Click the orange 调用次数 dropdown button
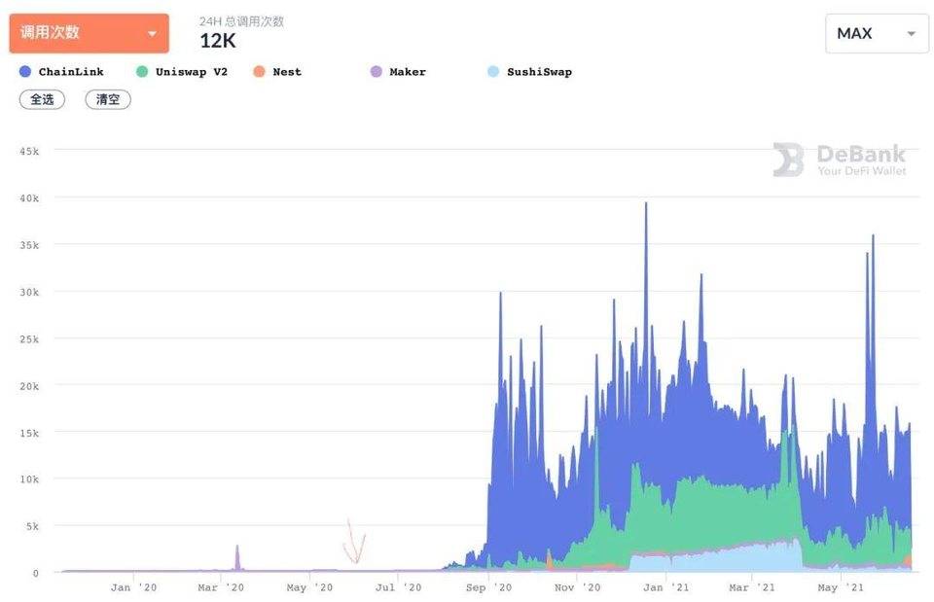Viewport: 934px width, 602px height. pos(89,33)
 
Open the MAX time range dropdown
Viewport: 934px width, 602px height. pos(876,33)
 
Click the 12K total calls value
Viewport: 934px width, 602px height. pos(218,41)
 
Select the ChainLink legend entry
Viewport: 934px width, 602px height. pos(61,72)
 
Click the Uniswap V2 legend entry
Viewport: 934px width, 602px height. pos(182,72)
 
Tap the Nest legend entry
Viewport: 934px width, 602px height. pos(277,72)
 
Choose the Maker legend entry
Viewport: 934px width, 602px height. pos(398,72)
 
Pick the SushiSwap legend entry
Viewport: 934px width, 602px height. pos(530,72)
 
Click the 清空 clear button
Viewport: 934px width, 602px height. pos(107,99)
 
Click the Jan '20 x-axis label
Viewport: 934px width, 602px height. pos(133,587)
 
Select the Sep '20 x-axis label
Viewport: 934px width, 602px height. pos(488,587)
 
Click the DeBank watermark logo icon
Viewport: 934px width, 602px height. pos(788,159)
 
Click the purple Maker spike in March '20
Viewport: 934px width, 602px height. pos(236,557)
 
